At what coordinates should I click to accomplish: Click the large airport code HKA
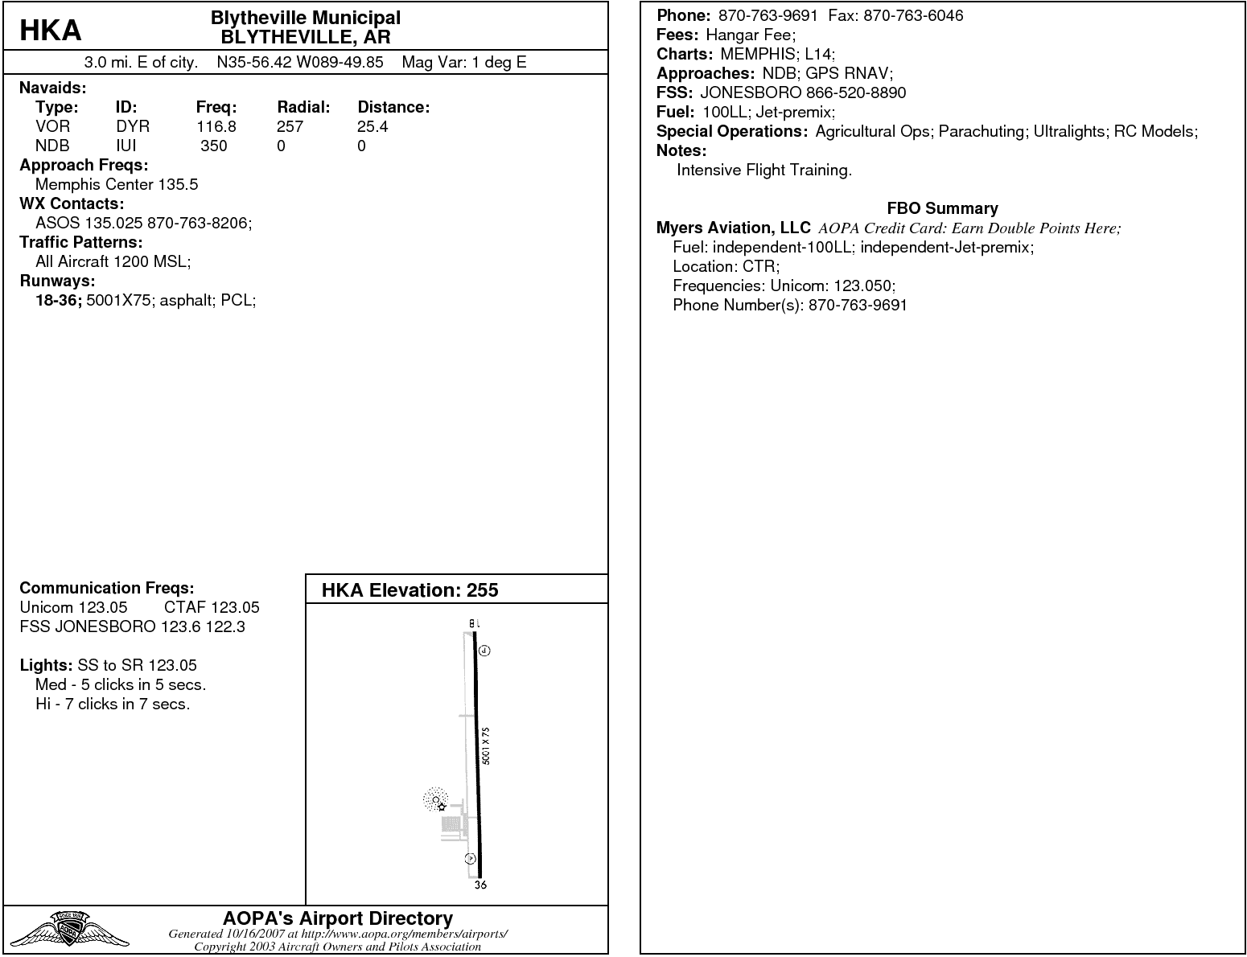tap(50, 31)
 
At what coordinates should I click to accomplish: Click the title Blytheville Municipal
tap(305, 18)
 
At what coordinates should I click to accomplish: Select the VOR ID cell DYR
tap(133, 126)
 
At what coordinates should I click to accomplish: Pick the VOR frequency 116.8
tap(216, 126)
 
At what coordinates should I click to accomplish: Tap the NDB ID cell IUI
tap(126, 146)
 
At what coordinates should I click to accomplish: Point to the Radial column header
tap(303, 107)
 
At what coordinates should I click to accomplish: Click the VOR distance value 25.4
tap(372, 126)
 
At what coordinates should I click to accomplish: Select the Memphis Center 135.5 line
tap(117, 184)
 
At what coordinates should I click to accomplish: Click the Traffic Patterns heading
tap(80, 242)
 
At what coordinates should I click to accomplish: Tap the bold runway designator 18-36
tap(59, 301)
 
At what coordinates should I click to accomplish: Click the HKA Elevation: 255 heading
tap(409, 590)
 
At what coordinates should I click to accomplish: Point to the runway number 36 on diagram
tap(480, 885)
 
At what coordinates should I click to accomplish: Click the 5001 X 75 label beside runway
tap(485, 745)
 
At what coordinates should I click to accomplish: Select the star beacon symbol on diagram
tap(442, 806)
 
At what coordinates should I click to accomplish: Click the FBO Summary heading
tap(942, 208)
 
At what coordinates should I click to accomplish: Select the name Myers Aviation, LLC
tap(733, 228)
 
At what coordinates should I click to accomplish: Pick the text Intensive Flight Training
tap(763, 170)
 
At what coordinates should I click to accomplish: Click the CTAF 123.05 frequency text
tap(212, 607)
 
